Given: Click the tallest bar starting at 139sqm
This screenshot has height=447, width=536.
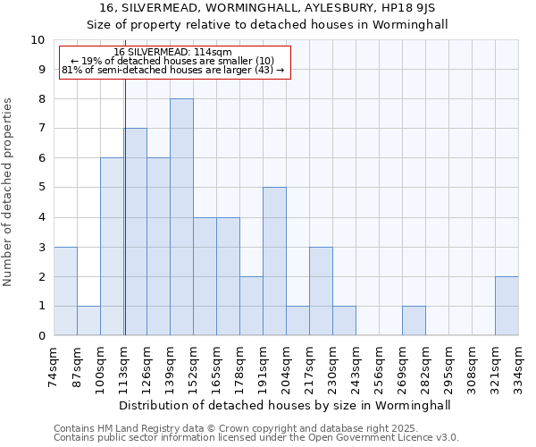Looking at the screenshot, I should [181, 217].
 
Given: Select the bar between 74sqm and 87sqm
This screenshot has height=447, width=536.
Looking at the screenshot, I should [65, 291].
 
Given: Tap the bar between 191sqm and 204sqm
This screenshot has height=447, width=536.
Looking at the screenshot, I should [274, 261].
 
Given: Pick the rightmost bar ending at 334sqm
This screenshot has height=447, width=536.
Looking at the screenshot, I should [507, 306].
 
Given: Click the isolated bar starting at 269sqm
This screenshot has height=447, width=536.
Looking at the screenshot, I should [414, 321].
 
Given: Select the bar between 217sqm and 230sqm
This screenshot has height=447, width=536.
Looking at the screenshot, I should [321, 291].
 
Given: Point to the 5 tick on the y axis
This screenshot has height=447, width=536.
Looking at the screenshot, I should [41, 188].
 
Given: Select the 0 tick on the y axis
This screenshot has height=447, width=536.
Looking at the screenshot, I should [41, 336].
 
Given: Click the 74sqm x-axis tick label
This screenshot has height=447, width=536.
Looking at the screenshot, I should [54, 364].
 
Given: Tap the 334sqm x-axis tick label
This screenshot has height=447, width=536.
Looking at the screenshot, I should [519, 364].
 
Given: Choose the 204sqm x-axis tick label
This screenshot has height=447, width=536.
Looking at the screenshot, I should [287, 364].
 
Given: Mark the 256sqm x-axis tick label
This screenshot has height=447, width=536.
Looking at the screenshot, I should [380, 364].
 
